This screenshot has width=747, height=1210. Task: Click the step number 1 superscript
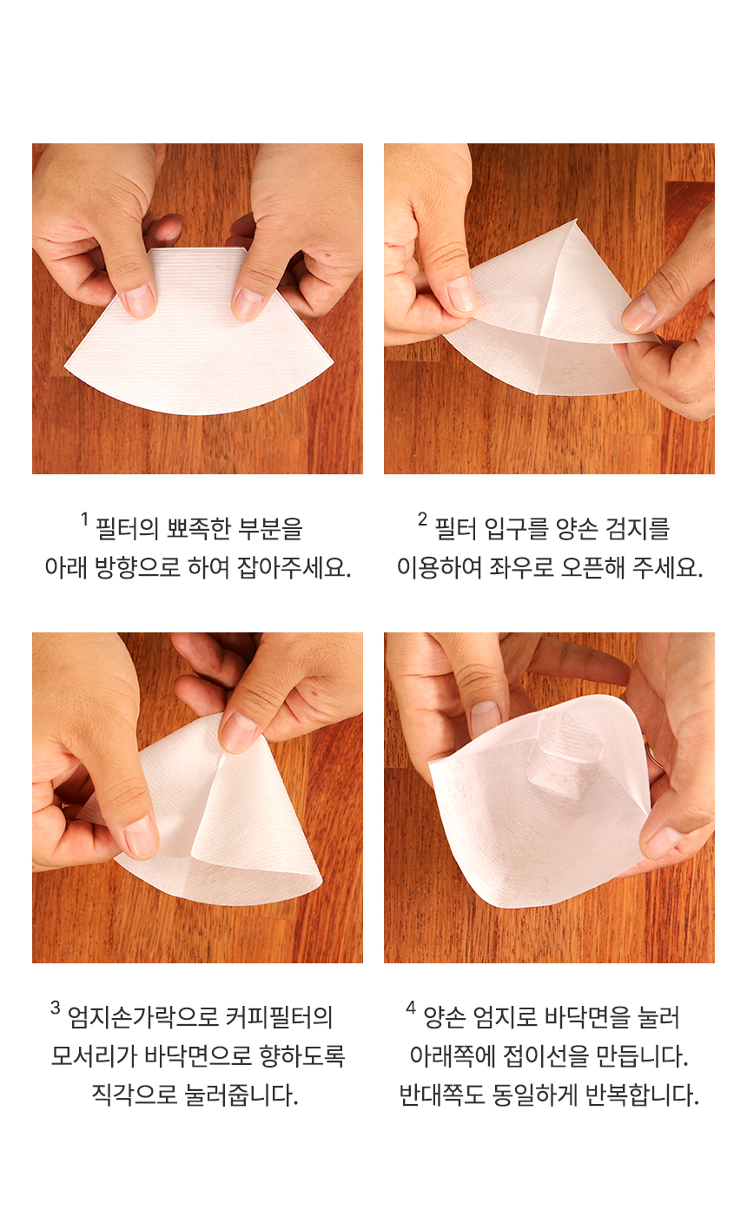point(85,519)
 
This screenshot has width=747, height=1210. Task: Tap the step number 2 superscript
point(422,519)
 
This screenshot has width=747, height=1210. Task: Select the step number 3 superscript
point(56,1008)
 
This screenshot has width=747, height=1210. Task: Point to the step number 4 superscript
point(411,1008)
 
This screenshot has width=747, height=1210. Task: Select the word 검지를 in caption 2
point(638,529)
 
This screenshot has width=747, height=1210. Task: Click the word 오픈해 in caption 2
point(593,568)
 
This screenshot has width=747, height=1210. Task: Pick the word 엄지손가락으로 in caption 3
point(142,1018)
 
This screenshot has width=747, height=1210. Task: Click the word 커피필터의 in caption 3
point(279,1018)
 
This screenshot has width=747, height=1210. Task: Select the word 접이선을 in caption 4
point(546,1056)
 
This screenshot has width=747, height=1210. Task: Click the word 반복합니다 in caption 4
point(643,1095)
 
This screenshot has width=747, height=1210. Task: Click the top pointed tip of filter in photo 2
point(576,219)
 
